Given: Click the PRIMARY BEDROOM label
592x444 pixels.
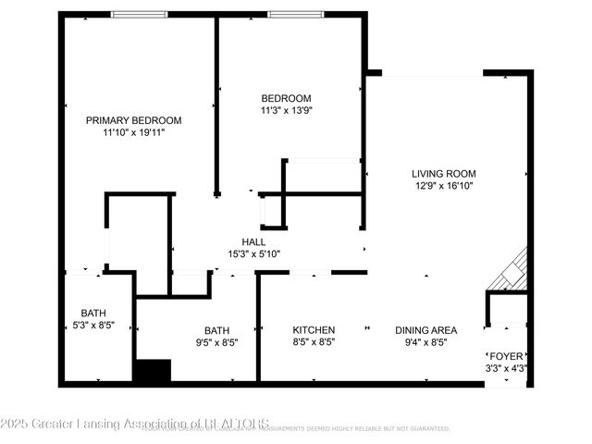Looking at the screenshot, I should click(133, 120).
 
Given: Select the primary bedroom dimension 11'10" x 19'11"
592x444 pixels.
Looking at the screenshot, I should click(133, 133).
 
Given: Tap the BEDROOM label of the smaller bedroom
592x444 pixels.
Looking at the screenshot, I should click(286, 99).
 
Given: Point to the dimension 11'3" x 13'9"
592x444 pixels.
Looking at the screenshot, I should click(286, 112).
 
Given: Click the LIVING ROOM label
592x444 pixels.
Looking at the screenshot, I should click(444, 173).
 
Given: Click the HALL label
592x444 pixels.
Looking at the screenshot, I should click(253, 241).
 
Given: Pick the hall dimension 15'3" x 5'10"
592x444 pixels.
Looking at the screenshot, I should click(253, 254).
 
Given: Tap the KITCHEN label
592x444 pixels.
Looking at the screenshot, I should click(314, 330).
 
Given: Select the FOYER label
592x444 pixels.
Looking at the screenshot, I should click(505, 355).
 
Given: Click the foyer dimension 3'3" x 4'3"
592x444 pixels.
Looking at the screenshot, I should click(505, 367).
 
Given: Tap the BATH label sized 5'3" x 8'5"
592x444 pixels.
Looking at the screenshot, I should click(93, 313).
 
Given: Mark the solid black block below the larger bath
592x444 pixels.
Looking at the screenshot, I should click(153, 371).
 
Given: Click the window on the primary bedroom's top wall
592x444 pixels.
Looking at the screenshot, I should click(140, 15).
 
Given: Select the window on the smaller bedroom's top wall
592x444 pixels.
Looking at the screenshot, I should click(296, 15).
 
